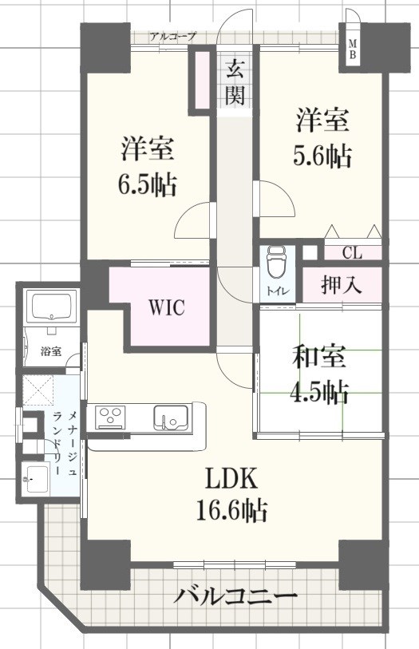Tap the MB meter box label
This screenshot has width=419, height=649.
(x=352, y=49)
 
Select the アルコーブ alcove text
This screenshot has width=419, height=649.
(x=172, y=37)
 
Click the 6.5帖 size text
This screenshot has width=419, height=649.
(x=148, y=185)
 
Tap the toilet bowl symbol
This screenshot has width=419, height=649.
(x=275, y=259)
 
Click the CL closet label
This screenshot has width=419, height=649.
(x=352, y=253)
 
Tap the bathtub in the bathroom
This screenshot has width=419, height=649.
(x=50, y=307)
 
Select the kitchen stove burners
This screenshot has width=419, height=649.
(x=109, y=417)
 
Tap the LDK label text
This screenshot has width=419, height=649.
(x=231, y=478)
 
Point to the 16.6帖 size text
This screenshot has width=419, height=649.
(x=231, y=509)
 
